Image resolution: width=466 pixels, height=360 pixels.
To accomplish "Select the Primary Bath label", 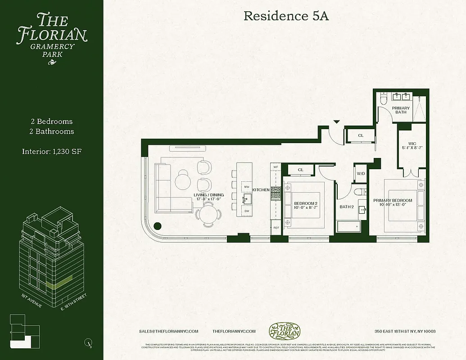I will click(x=401, y=110).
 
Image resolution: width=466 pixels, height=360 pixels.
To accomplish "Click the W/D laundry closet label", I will click(x=361, y=173).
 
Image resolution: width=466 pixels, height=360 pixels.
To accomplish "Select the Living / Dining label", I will click(x=208, y=197).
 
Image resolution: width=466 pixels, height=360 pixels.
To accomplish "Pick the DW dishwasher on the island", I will click(x=246, y=211).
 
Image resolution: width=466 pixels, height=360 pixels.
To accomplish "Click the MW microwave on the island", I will click(x=246, y=186).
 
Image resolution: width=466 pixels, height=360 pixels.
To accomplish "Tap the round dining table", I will click(x=208, y=214).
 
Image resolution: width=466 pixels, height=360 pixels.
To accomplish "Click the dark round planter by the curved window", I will click(x=158, y=227).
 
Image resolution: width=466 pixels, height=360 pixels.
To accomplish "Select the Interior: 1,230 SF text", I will click(x=51, y=152).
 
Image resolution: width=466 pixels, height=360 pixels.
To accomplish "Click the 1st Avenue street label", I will click(x=32, y=301).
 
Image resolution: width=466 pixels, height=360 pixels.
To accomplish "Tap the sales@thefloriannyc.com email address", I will click(x=168, y=331).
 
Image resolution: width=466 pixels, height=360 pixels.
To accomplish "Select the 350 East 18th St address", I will click(x=405, y=332).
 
